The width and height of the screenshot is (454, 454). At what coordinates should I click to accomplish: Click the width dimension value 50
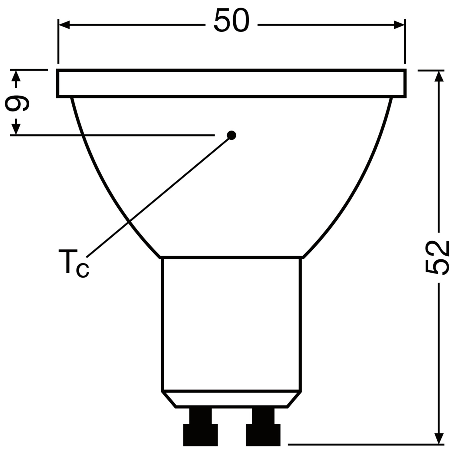coord(232,21)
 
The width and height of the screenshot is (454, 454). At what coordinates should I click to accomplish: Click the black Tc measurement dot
coord(232,135)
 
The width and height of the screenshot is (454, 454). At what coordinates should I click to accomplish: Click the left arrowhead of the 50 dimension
coord(64,25)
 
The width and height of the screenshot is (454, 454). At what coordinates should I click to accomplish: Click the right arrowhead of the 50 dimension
coord(399,25)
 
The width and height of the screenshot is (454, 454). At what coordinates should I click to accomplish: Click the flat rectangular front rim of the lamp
coord(232,84)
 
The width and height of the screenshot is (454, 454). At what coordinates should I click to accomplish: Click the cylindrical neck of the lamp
coord(232,324)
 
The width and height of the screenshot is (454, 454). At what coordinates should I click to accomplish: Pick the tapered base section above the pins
coord(232,399)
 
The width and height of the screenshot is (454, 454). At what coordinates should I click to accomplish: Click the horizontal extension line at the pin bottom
coord(363,444)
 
